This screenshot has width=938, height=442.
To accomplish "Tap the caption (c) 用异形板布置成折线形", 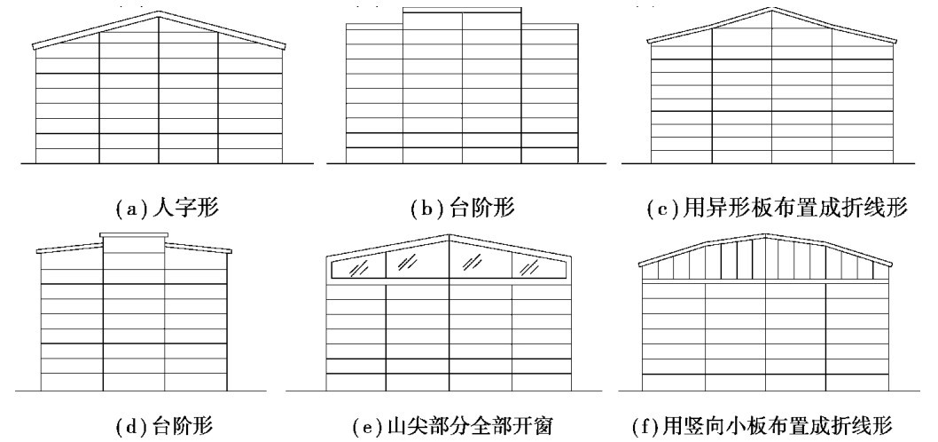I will [778, 210].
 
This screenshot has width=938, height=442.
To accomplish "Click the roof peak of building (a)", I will [160, 12].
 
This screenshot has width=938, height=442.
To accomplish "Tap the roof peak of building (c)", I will [773, 10].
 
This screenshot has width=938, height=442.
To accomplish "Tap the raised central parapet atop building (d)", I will [133, 236].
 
